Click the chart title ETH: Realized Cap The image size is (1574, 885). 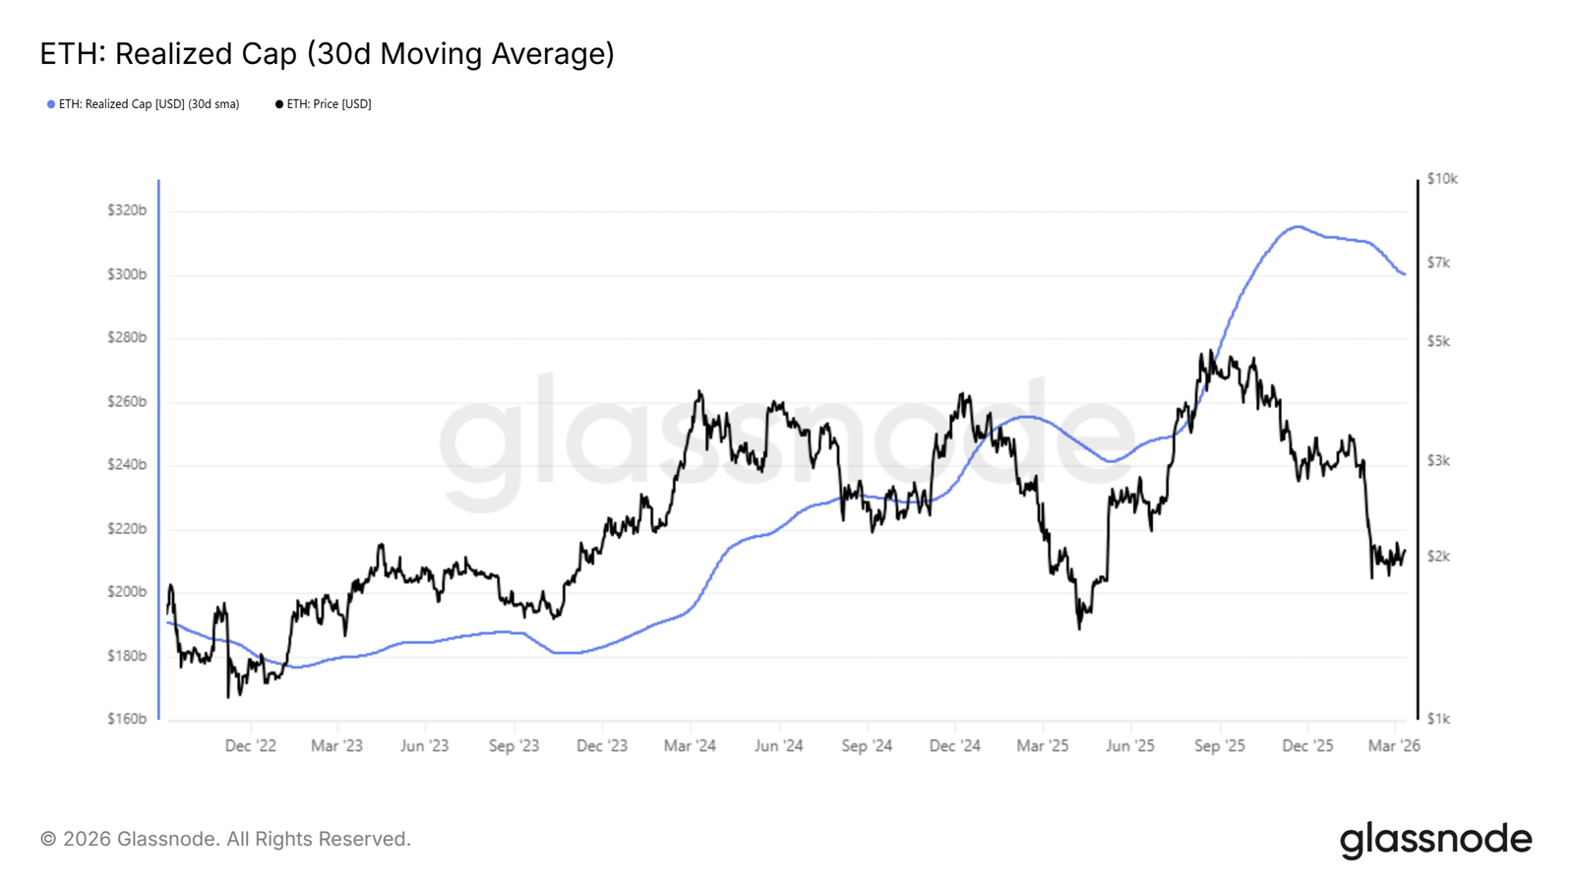327,54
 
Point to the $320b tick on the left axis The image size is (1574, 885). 127,210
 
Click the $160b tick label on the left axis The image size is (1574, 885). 127,719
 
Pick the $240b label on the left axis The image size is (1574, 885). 127,464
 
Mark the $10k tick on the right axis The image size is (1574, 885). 1442,179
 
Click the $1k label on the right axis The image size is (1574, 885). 1438,719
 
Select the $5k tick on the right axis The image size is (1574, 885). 1438,341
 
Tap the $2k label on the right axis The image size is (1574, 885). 1438,557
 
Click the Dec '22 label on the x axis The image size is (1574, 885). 250,746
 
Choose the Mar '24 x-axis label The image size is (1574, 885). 690,746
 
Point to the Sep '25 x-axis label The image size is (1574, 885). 1219,746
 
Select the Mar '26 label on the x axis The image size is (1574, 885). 1394,746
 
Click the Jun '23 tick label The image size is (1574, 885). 424,746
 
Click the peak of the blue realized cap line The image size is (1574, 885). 1298,226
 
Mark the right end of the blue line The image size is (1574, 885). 1405,274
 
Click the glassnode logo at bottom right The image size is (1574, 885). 1435,840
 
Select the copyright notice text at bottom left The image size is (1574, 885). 225,840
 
